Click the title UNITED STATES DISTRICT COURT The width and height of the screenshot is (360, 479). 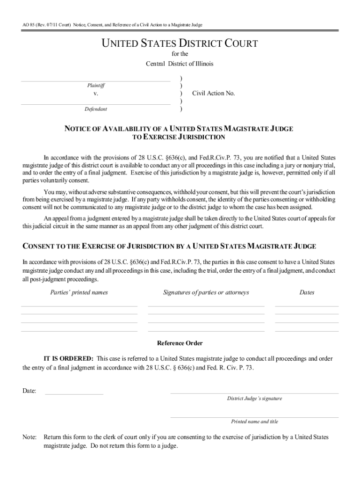tap(180, 44)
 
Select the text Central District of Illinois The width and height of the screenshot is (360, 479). tap(180, 64)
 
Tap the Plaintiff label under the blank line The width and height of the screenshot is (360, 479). tap(96, 86)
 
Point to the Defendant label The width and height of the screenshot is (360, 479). tap(96, 109)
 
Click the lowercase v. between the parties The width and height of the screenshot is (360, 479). tap(96, 94)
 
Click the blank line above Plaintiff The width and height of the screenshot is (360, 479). tap(96, 81)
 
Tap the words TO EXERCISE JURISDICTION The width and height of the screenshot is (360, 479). tap(180, 137)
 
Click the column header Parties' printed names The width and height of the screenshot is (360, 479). tap(79, 292)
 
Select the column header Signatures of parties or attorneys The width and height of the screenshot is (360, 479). tap(206, 292)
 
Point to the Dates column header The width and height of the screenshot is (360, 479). tap(307, 292)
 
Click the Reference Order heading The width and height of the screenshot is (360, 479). tap(180, 343)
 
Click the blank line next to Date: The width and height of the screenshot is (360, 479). tap(74, 394)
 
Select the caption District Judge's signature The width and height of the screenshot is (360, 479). tap(254, 399)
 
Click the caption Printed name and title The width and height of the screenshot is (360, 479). tap(254, 421)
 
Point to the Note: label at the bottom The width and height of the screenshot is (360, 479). tap(29, 437)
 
